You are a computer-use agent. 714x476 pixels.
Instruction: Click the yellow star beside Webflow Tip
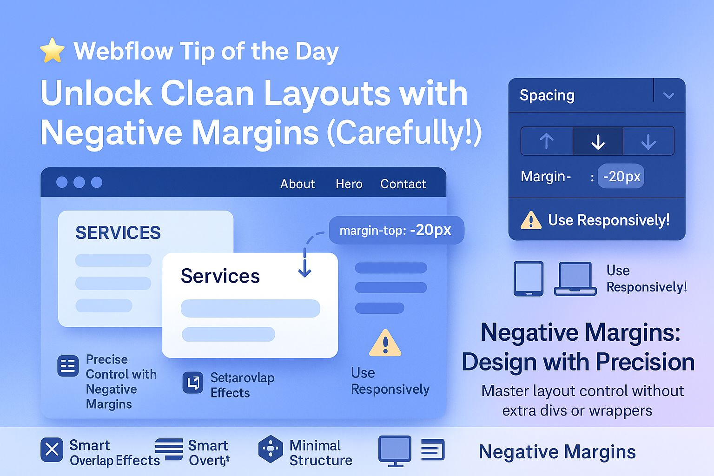pyautogui.click(x=52, y=50)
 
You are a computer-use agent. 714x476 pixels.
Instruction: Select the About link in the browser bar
pyautogui.click(x=297, y=184)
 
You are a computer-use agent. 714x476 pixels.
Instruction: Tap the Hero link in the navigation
pyautogui.click(x=349, y=184)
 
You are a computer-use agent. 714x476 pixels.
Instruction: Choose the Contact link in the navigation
pyautogui.click(x=403, y=184)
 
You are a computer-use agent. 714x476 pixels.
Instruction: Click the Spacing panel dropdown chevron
pyautogui.click(x=668, y=96)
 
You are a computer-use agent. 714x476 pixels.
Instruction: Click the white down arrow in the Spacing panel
pyautogui.click(x=598, y=141)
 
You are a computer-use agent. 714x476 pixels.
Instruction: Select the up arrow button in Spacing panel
pyautogui.click(x=547, y=141)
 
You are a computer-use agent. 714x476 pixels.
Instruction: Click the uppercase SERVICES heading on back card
pyautogui.click(x=118, y=232)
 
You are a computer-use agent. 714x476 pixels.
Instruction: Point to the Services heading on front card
pyautogui.click(x=220, y=276)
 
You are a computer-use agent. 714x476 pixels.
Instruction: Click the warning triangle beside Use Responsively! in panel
pyautogui.click(x=531, y=220)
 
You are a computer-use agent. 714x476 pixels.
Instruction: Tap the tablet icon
pyautogui.click(x=528, y=279)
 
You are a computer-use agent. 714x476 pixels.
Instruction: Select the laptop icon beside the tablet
pyautogui.click(x=575, y=279)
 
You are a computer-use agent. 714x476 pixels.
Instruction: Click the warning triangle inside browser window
pyautogui.click(x=385, y=344)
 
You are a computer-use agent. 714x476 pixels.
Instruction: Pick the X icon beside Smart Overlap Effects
pyautogui.click(x=52, y=450)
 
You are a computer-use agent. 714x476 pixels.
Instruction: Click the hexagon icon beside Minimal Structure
pyautogui.click(x=271, y=449)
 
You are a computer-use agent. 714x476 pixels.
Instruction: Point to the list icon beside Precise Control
pyautogui.click(x=68, y=365)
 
